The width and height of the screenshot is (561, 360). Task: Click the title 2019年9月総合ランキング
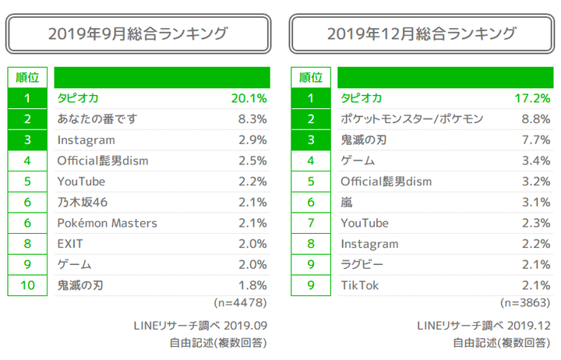pos(138,34)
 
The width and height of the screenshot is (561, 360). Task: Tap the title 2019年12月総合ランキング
pos(422,34)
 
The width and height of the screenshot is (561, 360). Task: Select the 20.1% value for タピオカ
pos(249,98)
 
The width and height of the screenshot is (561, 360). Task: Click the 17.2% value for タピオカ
pos(532,98)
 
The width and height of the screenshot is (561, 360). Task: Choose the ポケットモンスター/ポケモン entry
pos(412,119)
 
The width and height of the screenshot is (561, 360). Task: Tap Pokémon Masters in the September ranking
pos(108,223)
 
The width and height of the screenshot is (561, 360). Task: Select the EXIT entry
pos(71,244)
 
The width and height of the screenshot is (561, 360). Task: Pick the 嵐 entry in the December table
pos(347,203)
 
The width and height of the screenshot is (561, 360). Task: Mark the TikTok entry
pos(360,285)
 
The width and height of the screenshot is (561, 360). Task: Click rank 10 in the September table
pos(27,285)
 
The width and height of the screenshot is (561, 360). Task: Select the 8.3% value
pos(252,119)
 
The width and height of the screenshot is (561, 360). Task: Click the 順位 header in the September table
pos(27,77)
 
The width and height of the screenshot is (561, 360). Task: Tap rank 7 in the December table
pos(311,223)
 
